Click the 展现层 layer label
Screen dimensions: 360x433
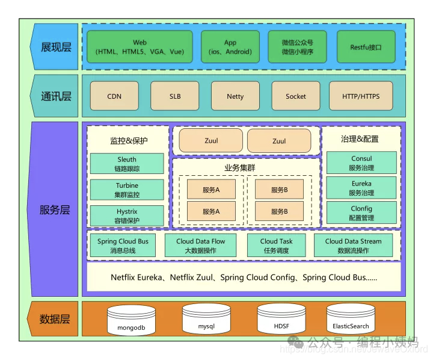click(x=55, y=47)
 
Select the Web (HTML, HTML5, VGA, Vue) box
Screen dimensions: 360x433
click(x=140, y=47)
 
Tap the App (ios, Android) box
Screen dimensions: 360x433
click(x=230, y=47)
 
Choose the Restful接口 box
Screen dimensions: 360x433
click(x=366, y=47)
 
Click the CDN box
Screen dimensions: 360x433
click(x=114, y=96)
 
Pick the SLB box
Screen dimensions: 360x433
click(x=175, y=96)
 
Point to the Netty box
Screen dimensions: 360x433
click(x=235, y=96)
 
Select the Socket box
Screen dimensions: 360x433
click(x=296, y=96)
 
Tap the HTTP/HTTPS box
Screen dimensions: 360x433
click(x=361, y=96)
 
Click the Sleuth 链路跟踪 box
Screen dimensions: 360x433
click(x=127, y=164)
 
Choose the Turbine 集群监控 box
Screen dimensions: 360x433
click(x=127, y=190)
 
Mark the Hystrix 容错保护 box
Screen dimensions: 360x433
click(x=127, y=216)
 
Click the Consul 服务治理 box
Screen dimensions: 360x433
click(x=361, y=163)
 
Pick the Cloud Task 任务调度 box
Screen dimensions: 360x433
click(x=277, y=246)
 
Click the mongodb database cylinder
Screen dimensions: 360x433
click(x=131, y=321)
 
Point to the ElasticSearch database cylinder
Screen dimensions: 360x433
click(x=351, y=320)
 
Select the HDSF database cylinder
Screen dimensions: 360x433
click(x=281, y=320)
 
